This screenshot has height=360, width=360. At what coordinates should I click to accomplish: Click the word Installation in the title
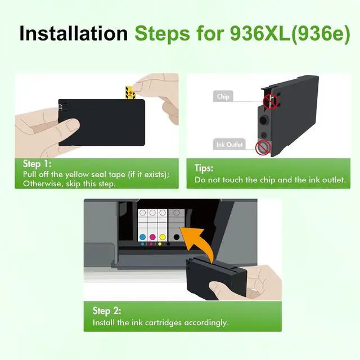pyautogui.click(x=74, y=33)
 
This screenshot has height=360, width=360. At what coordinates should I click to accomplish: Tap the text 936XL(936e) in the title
pyautogui.click(x=290, y=34)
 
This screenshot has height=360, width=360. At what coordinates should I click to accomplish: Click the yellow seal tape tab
pyautogui.click(x=130, y=92)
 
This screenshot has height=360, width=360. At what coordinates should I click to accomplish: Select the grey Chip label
pyautogui.click(x=223, y=96)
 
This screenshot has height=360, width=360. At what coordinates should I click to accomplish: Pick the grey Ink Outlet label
pyautogui.click(x=229, y=145)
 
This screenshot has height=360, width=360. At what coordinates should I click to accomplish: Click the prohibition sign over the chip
pyautogui.click(x=271, y=101)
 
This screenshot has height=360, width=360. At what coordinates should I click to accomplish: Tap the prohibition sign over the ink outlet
pyautogui.click(x=263, y=147)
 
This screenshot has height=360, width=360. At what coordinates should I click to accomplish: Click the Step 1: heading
pyautogui.click(x=37, y=164)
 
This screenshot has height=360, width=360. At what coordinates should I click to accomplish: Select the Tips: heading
pyautogui.click(x=204, y=168)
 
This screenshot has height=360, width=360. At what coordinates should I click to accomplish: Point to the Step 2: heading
pyautogui.click(x=107, y=310)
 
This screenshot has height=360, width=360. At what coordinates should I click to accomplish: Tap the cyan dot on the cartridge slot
pyautogui.click(x=142, y=237)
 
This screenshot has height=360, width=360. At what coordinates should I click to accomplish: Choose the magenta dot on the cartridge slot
pyautogui.click(x=152, y=237)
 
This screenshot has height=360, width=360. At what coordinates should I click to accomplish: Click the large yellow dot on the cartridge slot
pyautogui.click(x=163, y=237)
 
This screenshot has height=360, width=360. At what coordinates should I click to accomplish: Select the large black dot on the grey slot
pyautogui.click(x=176, y=237)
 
